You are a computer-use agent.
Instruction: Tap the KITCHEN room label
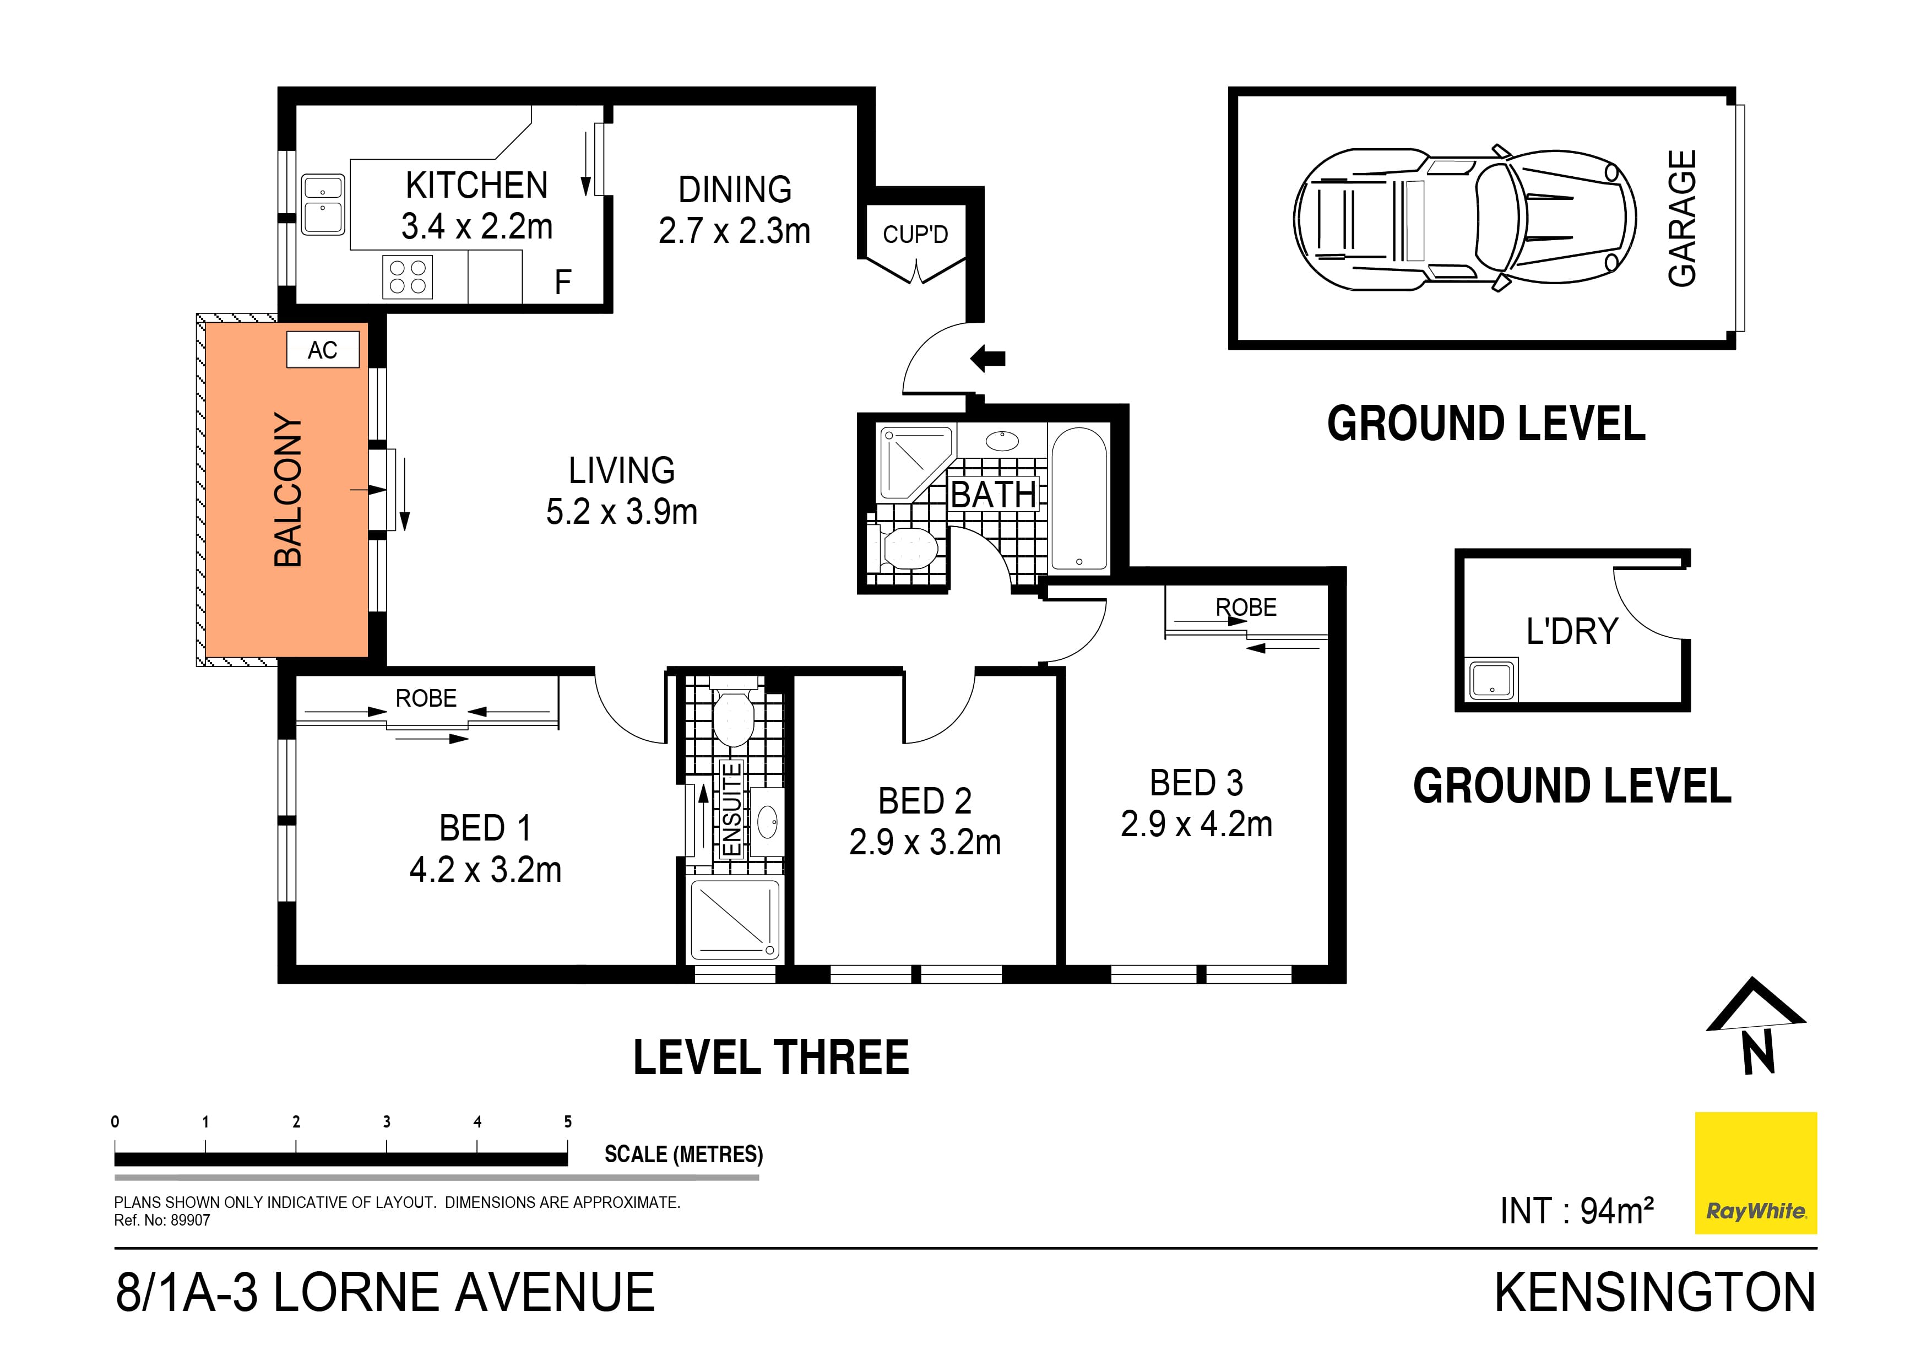(x=476, y=185)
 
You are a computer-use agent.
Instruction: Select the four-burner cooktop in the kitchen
(x=408, y=278)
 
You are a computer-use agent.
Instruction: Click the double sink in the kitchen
(x=322, y=204)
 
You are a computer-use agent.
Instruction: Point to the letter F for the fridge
(x=563, y=283)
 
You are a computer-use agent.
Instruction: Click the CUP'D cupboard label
(x=915, y=234)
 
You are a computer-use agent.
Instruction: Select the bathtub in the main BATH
(x=1079, y=499)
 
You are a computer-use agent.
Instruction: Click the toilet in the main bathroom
(x=904, y=549)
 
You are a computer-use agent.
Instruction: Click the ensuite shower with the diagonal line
(x=735, y=919)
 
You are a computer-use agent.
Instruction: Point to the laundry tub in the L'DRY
(x=1491, y=680)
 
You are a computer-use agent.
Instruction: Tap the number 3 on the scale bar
(x=386, y=1122)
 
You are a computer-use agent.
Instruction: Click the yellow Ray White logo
(x=1755, y=1173)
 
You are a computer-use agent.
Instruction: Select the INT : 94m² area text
(x=1576, y=1211)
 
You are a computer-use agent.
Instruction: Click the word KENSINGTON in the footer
(x=1654, y=1293)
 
